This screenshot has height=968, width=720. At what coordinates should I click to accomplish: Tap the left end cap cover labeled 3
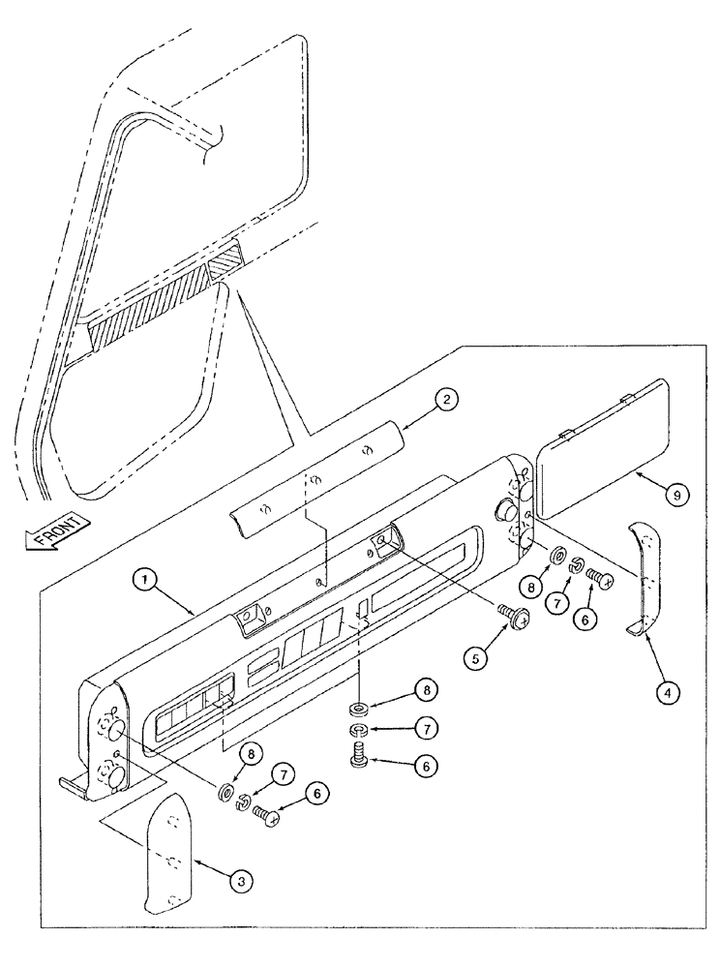(168, 853)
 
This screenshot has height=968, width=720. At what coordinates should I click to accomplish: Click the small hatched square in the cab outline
(228, 261)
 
